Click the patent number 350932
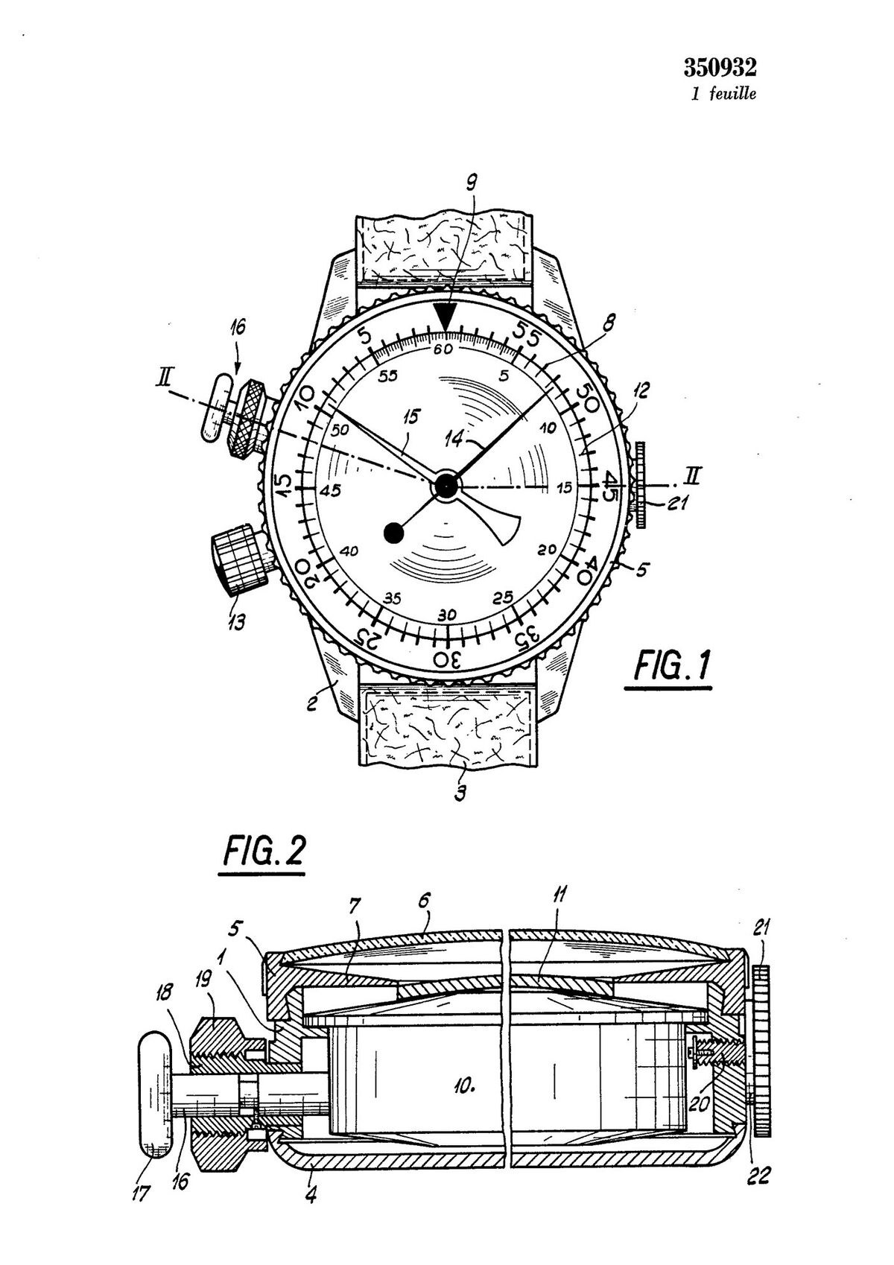coord(720,68)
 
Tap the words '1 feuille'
coord(724,94)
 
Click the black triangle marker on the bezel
coord(446,319)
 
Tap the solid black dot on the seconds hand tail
coord(393,532)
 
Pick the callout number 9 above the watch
coord(472,183)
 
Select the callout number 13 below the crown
coord(237,622)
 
